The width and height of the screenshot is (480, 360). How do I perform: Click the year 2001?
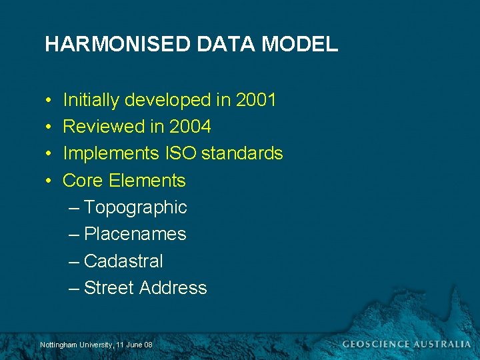pos(256,101)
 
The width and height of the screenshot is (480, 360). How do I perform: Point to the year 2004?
pos(190,127)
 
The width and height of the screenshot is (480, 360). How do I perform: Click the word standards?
pos(242,153)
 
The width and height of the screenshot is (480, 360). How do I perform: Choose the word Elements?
pos(147,181)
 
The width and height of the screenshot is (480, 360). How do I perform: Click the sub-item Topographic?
pos(135,208)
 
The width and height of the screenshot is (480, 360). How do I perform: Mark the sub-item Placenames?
pos(135,234)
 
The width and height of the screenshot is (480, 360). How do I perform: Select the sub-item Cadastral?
pos(123,261)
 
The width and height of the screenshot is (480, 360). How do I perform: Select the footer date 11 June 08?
pos(134,345)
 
